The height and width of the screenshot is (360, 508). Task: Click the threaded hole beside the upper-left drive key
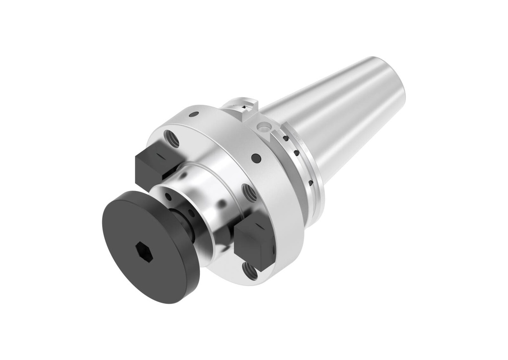pyautogui.click(x=172, y=139)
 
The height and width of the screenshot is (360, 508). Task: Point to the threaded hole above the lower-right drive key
pyautogui.click(x=249, y=192)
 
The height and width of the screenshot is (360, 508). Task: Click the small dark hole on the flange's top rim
pyautogui.click(x=194, y=114)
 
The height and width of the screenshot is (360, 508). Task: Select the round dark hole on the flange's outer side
pyautogui.click(x=256, y=158)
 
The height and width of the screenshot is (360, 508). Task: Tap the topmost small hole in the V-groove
pyautogui.click(x=285, y=138)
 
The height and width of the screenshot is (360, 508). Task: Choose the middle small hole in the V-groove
pyautogui.click(x=297, y=153)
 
